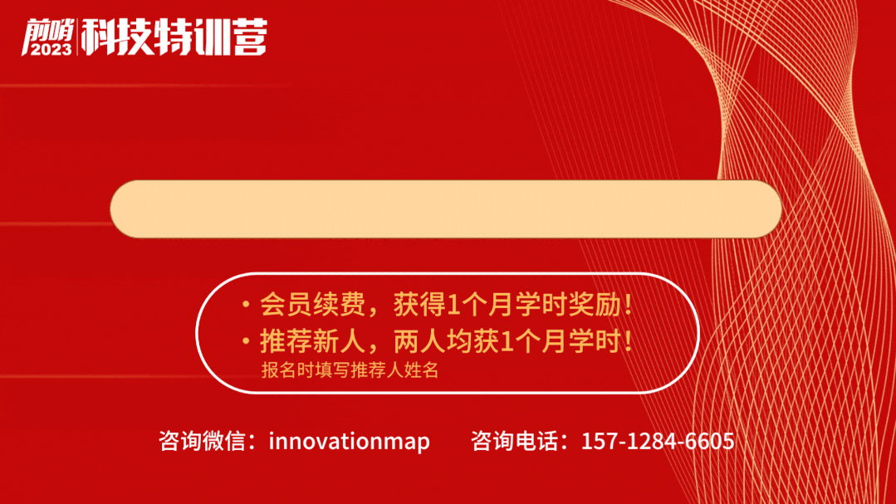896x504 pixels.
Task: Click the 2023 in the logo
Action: (51, 49)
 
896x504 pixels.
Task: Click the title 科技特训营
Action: (174, 37)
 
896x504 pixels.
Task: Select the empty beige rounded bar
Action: (446, 208)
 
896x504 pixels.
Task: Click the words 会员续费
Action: (312, 304)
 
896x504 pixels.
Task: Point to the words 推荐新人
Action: (312, 341)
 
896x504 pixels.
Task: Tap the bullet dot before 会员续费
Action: (246, 304)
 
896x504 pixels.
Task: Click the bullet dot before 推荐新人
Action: (246, 341)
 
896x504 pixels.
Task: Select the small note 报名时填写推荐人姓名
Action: (350, 370)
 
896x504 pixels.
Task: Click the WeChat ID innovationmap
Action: (349, 441)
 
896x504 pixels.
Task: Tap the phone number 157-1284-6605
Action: (658, 441)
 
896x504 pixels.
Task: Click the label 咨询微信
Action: (203, 441)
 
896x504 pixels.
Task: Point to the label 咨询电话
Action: (514, 441)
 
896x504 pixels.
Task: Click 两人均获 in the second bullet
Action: (446, 341)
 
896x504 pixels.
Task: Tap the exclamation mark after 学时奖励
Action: (629, 304)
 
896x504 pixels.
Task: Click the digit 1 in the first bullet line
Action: (453, 306)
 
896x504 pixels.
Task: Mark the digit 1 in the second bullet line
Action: (507, 342)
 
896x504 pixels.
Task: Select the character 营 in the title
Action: (250, 37)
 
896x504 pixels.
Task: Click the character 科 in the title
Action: (98, 37)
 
